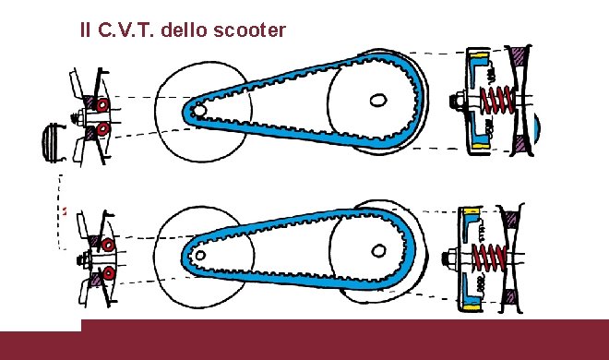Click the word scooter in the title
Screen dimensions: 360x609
[249, 30]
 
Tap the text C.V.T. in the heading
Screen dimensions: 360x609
[125, 30]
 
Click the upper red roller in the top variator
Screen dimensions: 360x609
[101, 105]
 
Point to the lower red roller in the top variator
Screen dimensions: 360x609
[102, 127]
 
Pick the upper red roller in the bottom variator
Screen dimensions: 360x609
[108, 246]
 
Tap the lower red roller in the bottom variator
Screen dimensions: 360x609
[109, 273]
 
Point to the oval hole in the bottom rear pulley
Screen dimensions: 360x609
[377, 248]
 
